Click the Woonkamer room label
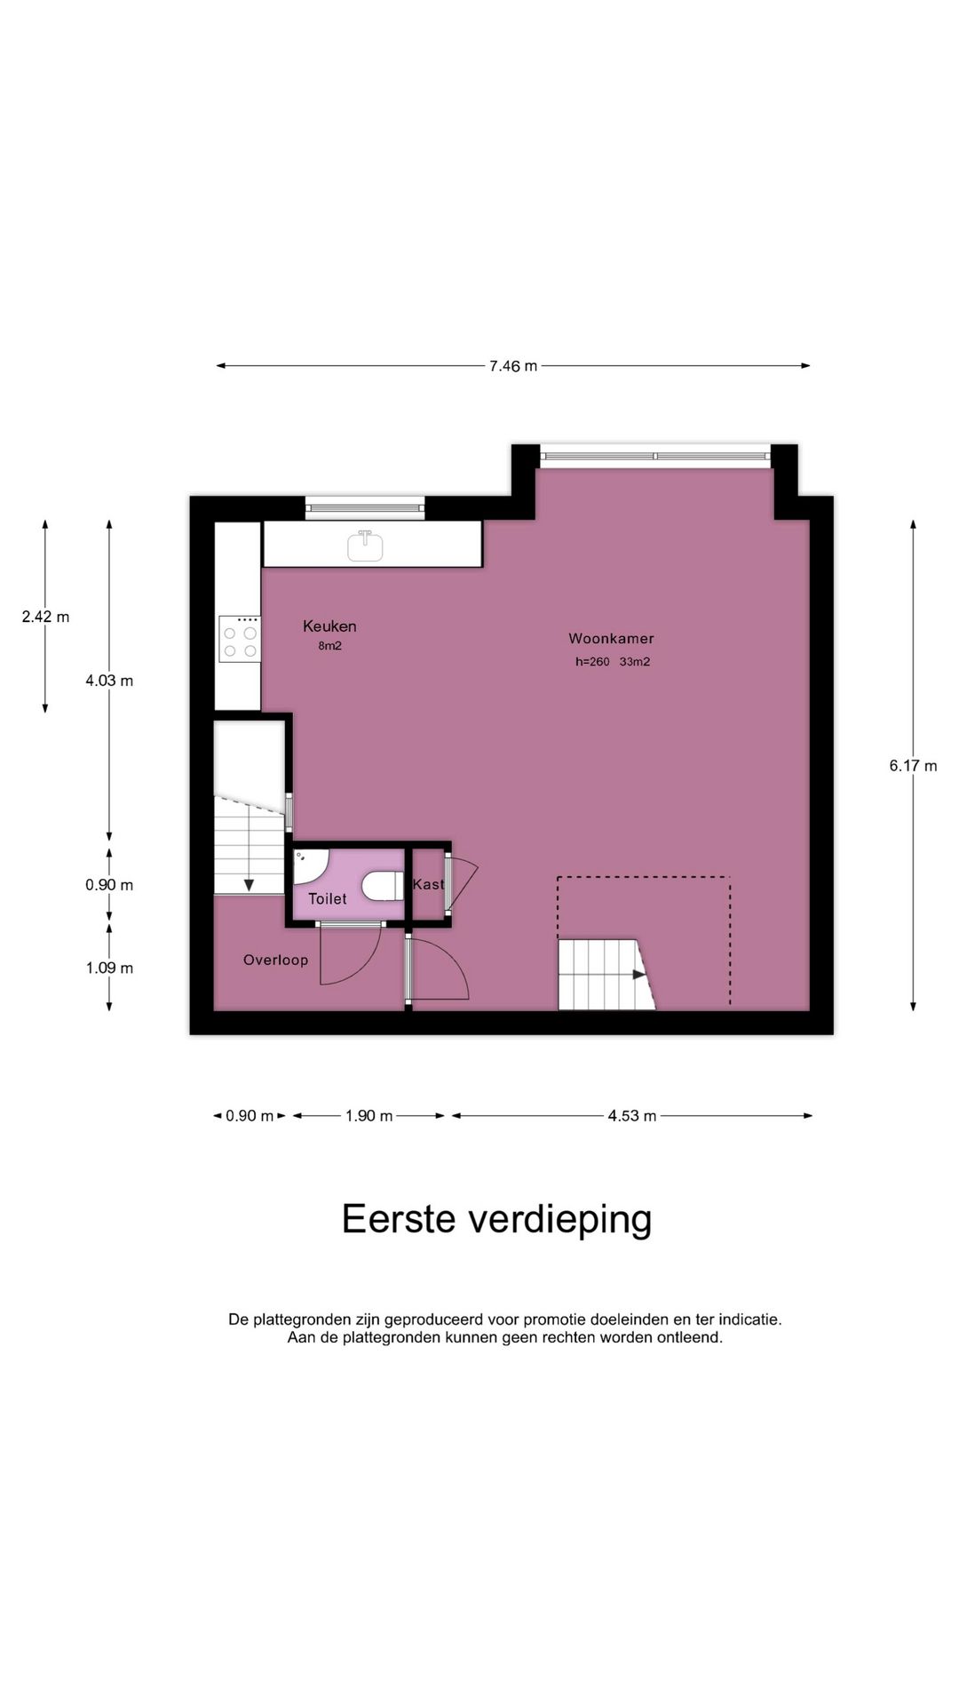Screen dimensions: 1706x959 (611, 638)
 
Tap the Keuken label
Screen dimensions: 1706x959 (329, 626)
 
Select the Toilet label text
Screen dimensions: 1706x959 (328, 899)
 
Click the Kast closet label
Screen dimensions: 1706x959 (428, 884)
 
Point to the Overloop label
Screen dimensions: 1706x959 (275, 960)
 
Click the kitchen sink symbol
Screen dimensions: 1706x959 (365, 545)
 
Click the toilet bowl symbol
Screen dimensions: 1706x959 (382, 886)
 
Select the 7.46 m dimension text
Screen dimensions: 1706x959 (513, 366)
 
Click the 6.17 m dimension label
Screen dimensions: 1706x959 (913, 766)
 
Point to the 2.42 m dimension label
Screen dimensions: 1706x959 (45, 617)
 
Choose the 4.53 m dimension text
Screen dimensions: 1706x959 (632, 1116)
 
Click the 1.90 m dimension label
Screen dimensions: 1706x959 (369, 1116)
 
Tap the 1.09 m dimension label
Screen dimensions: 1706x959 (109, 968)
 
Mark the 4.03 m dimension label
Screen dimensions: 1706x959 (109, 681)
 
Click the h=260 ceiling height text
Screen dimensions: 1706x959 (592, 662)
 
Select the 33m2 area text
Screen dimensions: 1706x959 (635, 662)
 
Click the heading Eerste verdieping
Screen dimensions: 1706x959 (496, 1219)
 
